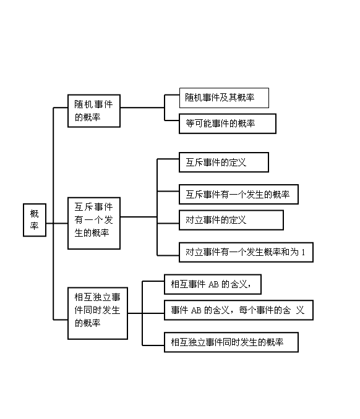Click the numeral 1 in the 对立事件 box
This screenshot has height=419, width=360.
pos(303,252)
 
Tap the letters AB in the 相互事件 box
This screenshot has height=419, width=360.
pos(213,284)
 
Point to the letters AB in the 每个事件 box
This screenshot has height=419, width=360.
pos(196,310)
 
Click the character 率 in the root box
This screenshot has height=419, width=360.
pos(34,226)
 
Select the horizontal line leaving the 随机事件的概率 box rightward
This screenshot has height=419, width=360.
pos(142,108)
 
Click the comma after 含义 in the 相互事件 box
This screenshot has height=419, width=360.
pos(249,287)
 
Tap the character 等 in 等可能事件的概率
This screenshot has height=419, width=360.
pos(190,124)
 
